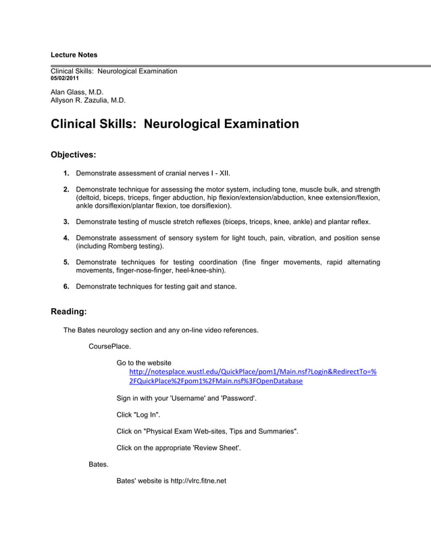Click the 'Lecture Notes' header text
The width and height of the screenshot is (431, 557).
(x=74, y=55)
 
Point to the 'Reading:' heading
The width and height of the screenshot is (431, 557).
(x=69, y=312)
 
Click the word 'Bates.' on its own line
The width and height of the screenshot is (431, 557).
(x=99, y=465)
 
